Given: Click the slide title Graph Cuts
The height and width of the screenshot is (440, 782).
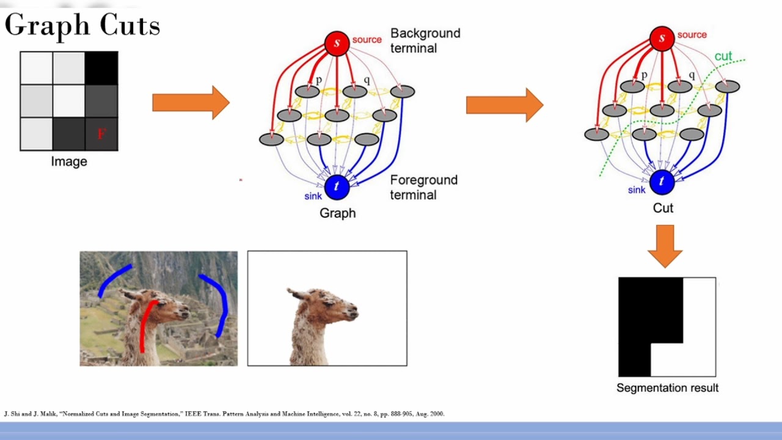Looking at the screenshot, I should tap(82, 26).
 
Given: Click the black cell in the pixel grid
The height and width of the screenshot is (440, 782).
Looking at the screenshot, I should tap(101, 68).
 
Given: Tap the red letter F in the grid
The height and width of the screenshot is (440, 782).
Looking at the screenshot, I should tap(101, 134).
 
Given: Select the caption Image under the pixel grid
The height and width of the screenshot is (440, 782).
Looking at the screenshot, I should tap(68, 161).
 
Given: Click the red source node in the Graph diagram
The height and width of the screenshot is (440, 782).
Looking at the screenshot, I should tap(337, 43).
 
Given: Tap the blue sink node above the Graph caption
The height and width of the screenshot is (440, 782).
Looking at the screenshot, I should tap(337, 187).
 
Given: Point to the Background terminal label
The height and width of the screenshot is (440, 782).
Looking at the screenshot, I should tap(425, 40).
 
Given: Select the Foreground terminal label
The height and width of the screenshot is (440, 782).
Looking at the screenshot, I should tap(423, 187).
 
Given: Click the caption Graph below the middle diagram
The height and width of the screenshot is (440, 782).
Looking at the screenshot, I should tap(337, 213).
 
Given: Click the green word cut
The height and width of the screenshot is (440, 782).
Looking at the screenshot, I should tap(723, 56).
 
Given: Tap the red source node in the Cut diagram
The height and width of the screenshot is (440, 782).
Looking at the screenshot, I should tap(662, 38).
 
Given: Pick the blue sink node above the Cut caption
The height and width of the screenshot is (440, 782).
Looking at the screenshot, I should tap(662, 182).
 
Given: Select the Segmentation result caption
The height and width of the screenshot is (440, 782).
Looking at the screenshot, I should tap(667, 387).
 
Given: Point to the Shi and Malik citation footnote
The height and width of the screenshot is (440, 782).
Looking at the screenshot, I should tap(224, 414).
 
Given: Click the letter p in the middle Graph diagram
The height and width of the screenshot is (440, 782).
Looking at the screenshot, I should tap(318, 80).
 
